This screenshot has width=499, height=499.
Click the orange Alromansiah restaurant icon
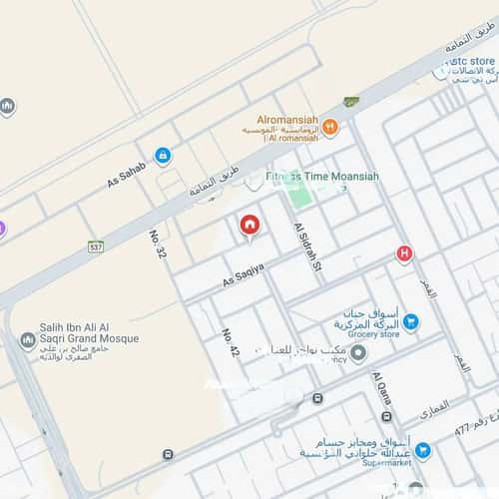pos(330,127)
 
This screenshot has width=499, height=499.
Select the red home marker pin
pos(249,226)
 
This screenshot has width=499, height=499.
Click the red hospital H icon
pos(404,253)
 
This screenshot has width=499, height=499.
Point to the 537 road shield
pos(96,246)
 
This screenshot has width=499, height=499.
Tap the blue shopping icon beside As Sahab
pos(163,156)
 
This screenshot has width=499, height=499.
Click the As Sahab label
pos(127,175)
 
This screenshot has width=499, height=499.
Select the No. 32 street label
pos(158,246)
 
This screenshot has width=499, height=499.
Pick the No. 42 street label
pos(232,343)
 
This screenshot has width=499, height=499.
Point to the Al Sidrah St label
pos(305,248)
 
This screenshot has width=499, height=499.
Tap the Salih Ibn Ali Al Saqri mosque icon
pos(28,340)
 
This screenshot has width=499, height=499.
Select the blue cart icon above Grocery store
pos(411,321)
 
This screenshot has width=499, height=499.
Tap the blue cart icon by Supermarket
pos(423,451)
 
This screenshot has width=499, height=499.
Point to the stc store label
pos(472,61)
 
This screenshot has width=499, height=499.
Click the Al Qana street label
pos(383,397)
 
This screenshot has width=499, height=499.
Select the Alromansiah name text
pos(287,116)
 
